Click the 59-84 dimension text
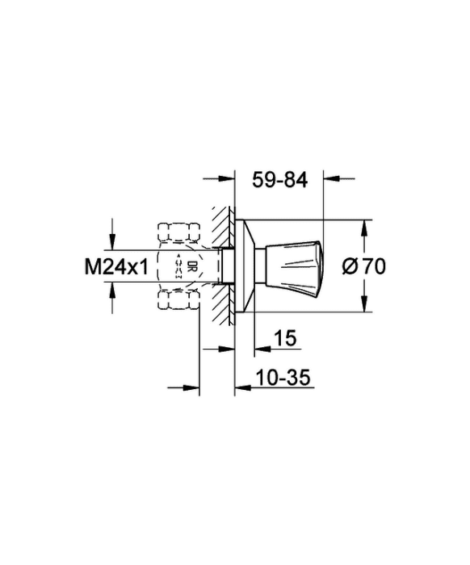(279, 180)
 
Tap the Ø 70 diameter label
(363, 266)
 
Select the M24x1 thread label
(116, 267)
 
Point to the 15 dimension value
(285, 338)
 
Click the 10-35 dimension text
(283, 378)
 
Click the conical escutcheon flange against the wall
(244, 266)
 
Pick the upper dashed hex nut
(178, 232)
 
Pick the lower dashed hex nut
(178, 300)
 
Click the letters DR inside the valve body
(191, 266)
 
